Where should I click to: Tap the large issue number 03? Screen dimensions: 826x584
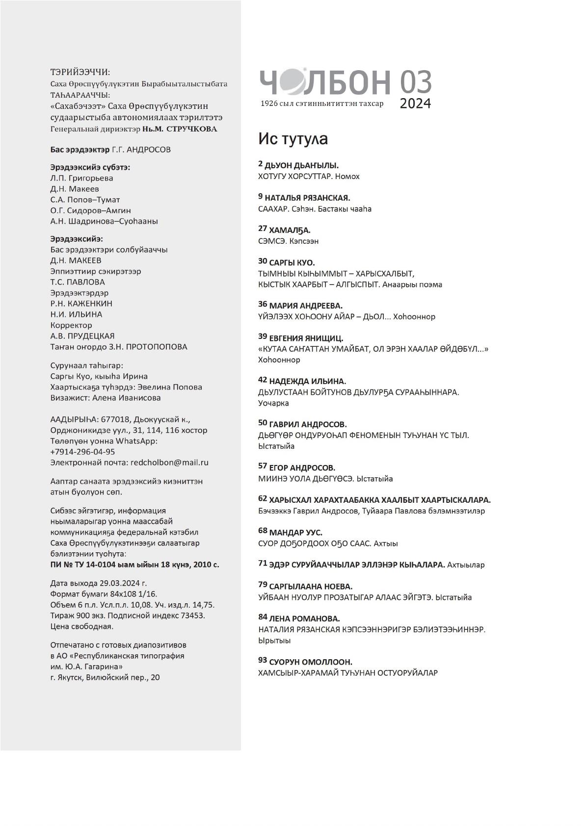(415, 82)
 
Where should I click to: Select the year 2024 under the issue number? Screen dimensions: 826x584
(415, 103)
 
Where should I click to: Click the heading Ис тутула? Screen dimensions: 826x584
(293, 139)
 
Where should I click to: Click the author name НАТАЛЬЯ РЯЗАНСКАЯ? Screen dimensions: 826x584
(307, 198)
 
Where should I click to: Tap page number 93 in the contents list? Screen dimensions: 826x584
(263, 661)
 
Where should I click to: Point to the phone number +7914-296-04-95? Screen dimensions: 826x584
(82, 452)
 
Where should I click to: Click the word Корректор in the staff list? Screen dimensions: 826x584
(71, 325)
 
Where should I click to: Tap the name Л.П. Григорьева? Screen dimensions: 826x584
(81, 178)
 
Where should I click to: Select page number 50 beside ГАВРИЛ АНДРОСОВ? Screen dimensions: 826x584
(263, 423)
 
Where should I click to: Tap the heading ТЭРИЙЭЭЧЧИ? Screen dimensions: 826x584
(80, 72)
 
